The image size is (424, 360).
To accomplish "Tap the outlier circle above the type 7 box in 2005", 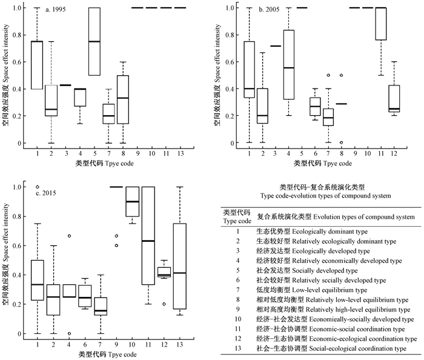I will click(x=328, y=75).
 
